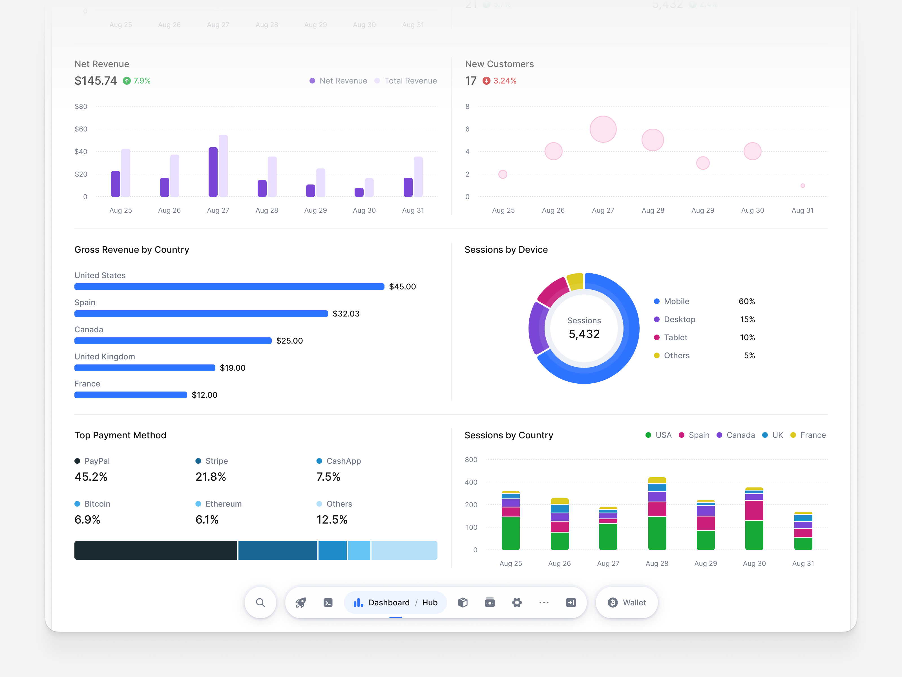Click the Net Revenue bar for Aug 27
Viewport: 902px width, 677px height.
point(213,172)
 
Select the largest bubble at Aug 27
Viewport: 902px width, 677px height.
point(603,129)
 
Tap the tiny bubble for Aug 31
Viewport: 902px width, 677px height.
point(802,186)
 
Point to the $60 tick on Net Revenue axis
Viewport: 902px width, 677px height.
point(81,129)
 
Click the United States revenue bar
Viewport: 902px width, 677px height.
point(229,287)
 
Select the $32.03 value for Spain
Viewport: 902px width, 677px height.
point(346,314)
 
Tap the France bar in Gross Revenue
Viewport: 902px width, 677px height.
point(131,395)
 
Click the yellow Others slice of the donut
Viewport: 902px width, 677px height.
point(575,281)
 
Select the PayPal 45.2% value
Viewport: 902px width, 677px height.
point(91,477)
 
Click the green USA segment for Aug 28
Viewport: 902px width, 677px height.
point(657,533)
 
